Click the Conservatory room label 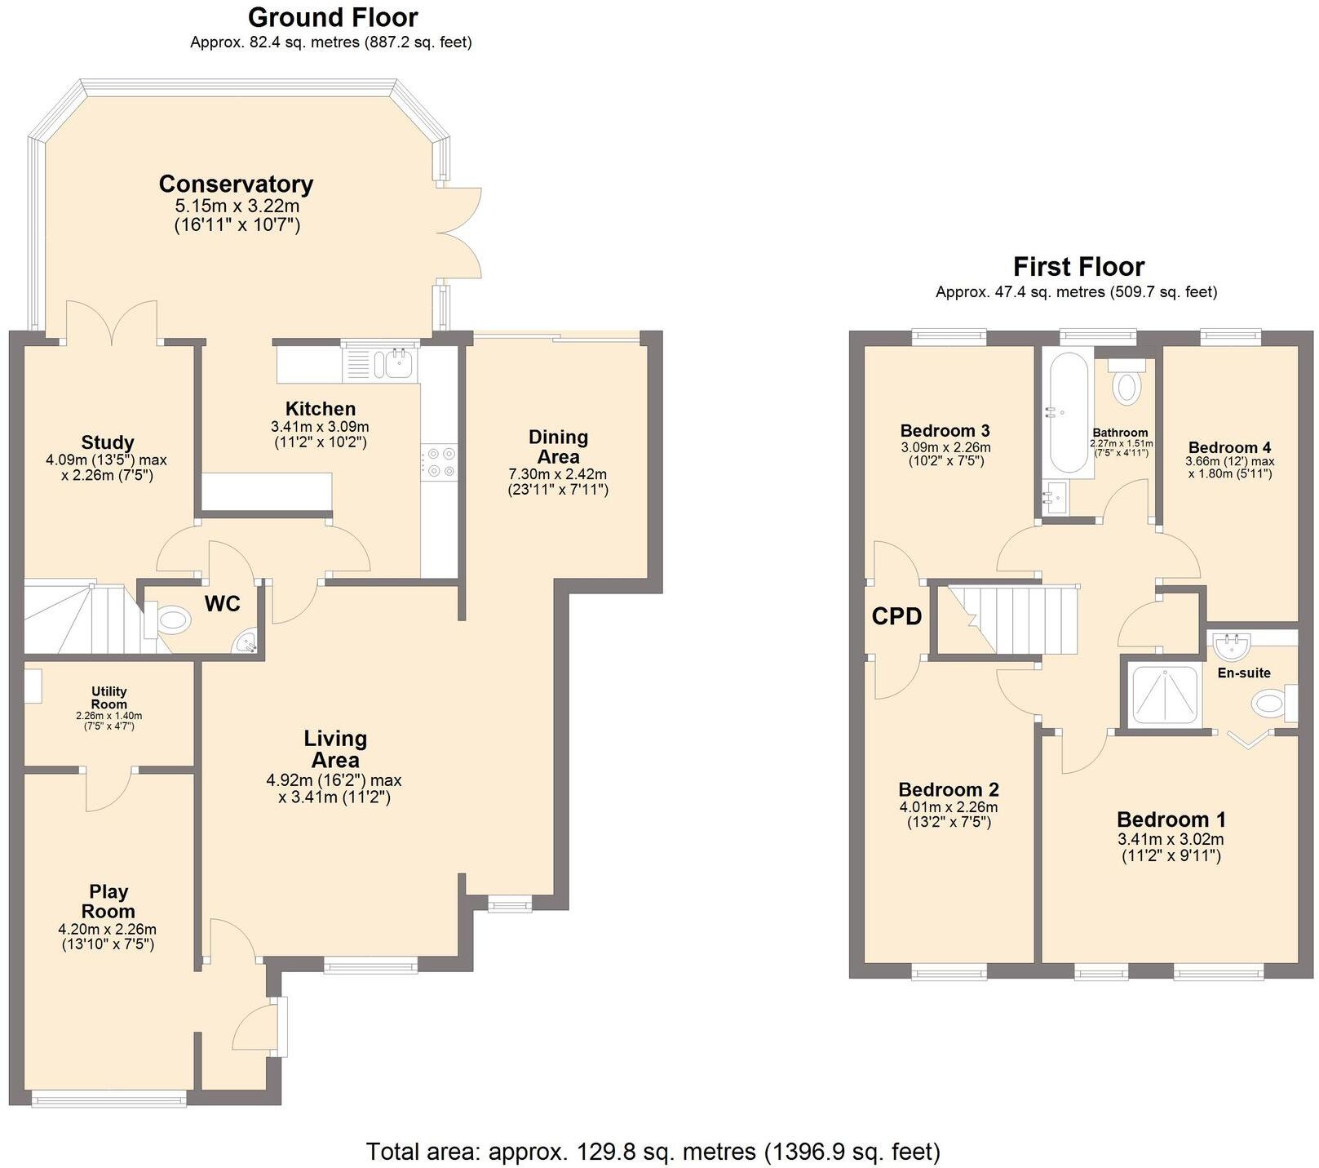[236, 184]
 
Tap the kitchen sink [399, 362]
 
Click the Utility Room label [108, 698]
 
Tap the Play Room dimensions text [108, 936]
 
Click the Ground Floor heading [332, 17]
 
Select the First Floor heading [1078, 267]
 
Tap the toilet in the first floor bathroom [1127, 383]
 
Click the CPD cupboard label [896, 616]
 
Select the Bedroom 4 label [1229, 447]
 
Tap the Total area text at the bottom [653, 1152]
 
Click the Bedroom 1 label [1171, 819]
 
